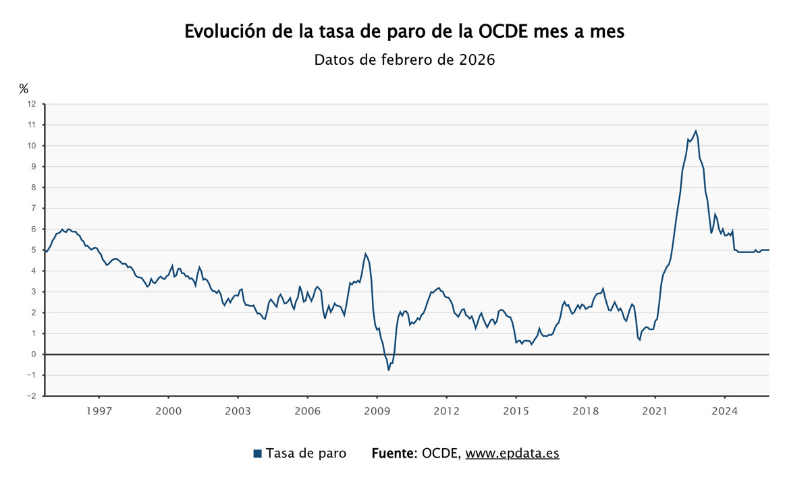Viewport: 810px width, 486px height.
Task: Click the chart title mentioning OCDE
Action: [404, 32]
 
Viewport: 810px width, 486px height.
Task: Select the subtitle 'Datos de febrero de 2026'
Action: [404, 60]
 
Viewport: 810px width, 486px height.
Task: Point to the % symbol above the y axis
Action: [24, 88]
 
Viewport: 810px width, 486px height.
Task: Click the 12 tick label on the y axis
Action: [31, 104]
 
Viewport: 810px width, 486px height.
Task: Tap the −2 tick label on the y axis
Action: [31, 396]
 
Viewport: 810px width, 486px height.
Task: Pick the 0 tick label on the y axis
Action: [32, 354]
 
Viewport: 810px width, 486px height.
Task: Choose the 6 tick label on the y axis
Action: [32, 230]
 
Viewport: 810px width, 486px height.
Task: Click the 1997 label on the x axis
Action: [99, 410]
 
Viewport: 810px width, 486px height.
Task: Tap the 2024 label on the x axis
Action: [724, 410]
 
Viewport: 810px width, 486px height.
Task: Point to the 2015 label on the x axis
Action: [516, 410]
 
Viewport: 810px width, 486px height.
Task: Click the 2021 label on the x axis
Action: [655, 410]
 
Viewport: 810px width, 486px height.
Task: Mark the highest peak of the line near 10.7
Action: [696, 131]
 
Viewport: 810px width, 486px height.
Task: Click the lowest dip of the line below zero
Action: [389, 370]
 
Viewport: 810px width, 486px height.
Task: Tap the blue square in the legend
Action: [257, 454]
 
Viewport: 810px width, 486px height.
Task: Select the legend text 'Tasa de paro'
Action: [306, 454]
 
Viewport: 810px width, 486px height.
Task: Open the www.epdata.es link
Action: [512, 454]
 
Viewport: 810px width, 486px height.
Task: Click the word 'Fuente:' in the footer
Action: [394, 454]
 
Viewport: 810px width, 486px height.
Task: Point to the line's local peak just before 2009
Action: [365, 254]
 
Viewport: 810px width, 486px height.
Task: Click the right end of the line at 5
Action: [769, 250]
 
